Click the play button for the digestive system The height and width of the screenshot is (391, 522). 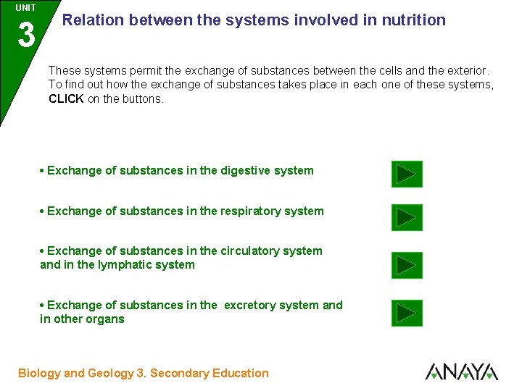(407, 175)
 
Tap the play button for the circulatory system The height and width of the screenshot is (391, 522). (407, 266)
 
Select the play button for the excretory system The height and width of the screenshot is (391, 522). (407, 313)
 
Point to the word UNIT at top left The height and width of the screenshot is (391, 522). (25, 8)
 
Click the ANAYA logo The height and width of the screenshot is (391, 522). (461, 372)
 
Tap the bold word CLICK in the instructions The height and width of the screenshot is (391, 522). (66, 99)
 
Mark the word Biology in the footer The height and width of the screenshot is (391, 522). (39, 374)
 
